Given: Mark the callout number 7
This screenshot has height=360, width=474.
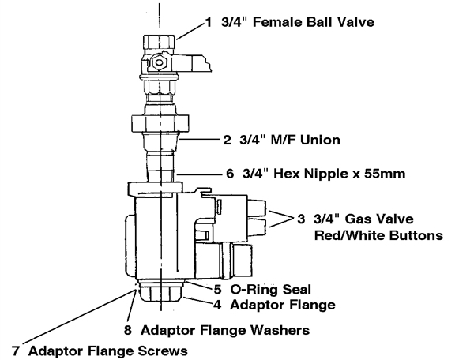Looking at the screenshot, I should tap(16, 347).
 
